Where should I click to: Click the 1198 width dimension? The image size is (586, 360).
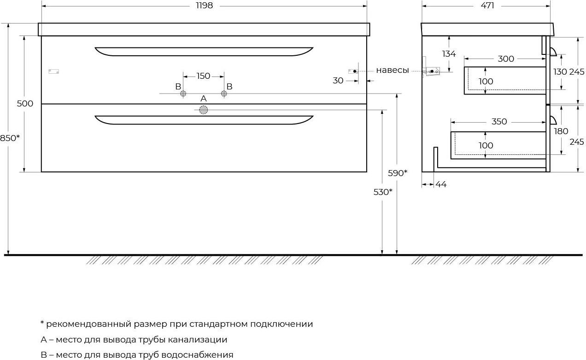point(204,6)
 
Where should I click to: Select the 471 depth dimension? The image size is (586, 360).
point(487,6)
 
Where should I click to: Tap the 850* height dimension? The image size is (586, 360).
point(10,138)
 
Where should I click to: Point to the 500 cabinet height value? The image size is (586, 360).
point(25,103)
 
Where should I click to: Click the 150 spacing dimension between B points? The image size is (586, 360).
point(203,76)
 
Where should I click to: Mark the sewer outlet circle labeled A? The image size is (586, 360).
point(204,110)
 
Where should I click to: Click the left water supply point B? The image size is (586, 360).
point(183,94)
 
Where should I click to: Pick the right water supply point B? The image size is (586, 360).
point(224,94)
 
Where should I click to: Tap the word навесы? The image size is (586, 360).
point(393,70)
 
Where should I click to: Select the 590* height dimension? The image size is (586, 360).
point(398,173)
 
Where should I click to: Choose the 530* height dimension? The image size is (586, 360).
point(383,192)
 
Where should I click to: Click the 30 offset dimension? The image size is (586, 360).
point(338,81)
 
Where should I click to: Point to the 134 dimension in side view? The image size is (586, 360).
point(449,53)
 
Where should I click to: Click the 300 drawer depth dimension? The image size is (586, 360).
point(506,59)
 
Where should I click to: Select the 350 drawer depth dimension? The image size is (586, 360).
point(499,122)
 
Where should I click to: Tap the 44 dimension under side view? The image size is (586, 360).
point(441,184)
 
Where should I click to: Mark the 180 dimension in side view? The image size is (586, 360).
point(561,131)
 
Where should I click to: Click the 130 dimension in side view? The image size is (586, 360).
point(560,71)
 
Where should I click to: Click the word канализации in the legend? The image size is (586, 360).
point(198,340)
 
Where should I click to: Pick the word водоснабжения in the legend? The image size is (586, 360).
point(198,355)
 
